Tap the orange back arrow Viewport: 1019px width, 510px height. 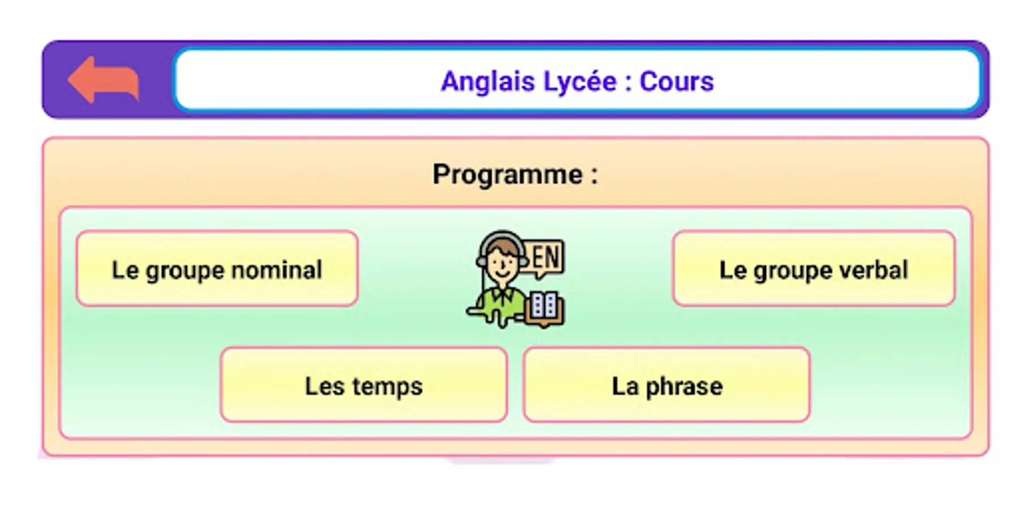pos(103,79)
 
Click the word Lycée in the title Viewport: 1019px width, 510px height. pos(580,82)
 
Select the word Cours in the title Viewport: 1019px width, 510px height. pos(677,82)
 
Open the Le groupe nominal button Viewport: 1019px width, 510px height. pos(217,269)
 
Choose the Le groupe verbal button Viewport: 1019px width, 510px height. pos(814,269)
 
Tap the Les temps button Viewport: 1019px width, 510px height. pos(363,385)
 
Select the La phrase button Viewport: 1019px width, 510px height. pos(667,385)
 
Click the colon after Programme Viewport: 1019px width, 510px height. pos(594,176)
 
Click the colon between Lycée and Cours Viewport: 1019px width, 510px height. pos(628,83)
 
